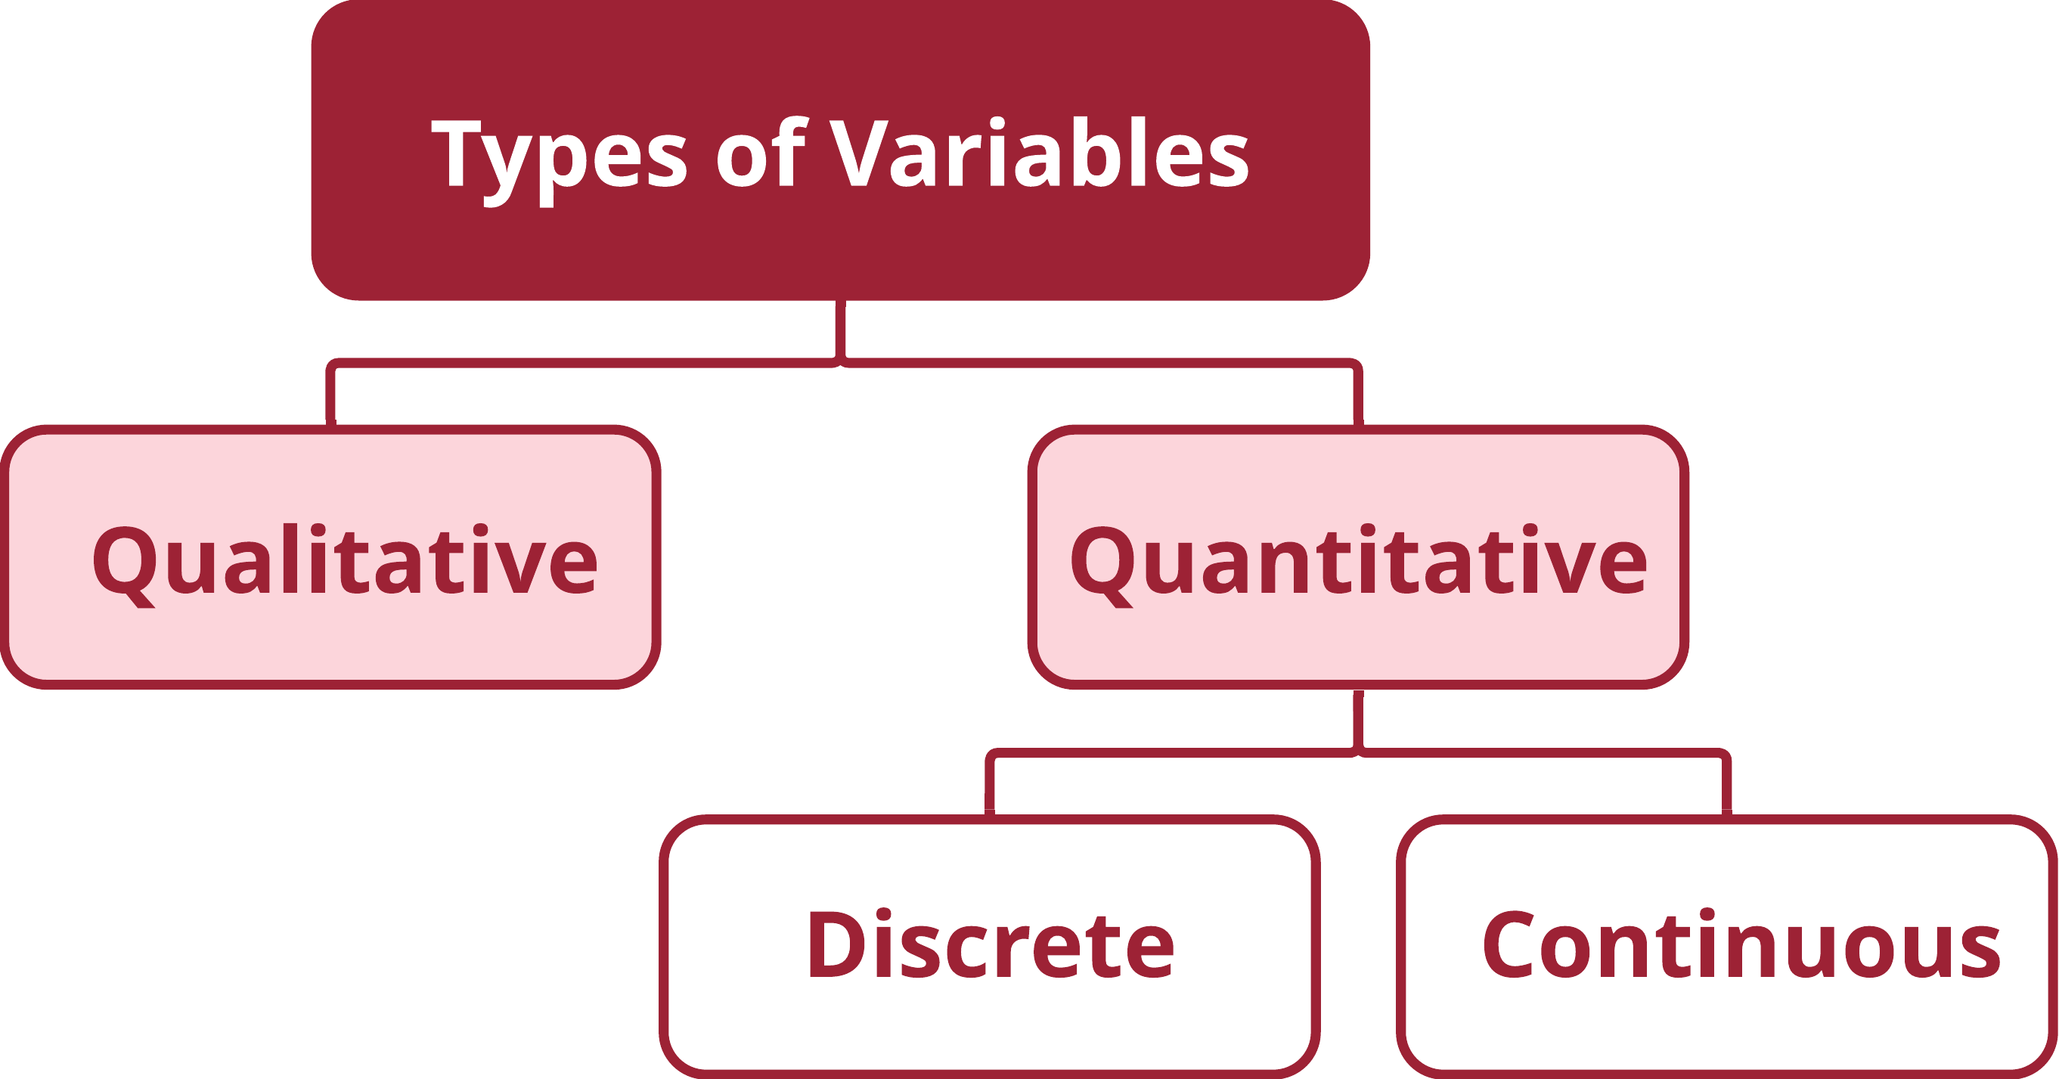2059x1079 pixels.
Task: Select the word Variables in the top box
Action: pyautogui.click(x=1038, y=153)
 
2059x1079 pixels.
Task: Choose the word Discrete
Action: pyautogui.click(x=991, y=943)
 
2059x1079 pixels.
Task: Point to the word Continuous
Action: pyautogui.click(x=1741, y=943)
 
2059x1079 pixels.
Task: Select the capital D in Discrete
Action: pyautogui.click(x=837, y=944)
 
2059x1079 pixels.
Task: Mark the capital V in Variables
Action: pyautogui.click(x=859, y=153)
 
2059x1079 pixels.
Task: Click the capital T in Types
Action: pyautogui.click(x=457, y=153)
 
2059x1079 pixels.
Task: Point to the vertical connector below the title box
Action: pyautogui.click(x=841, y=331)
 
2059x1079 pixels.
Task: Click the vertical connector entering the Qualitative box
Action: pyautogui.click(x=331, y=395)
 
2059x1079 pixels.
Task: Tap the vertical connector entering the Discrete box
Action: pyautogui.click(x=991, y=785)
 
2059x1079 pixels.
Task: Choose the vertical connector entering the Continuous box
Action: pyautogui.click(x=1727, y=785)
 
